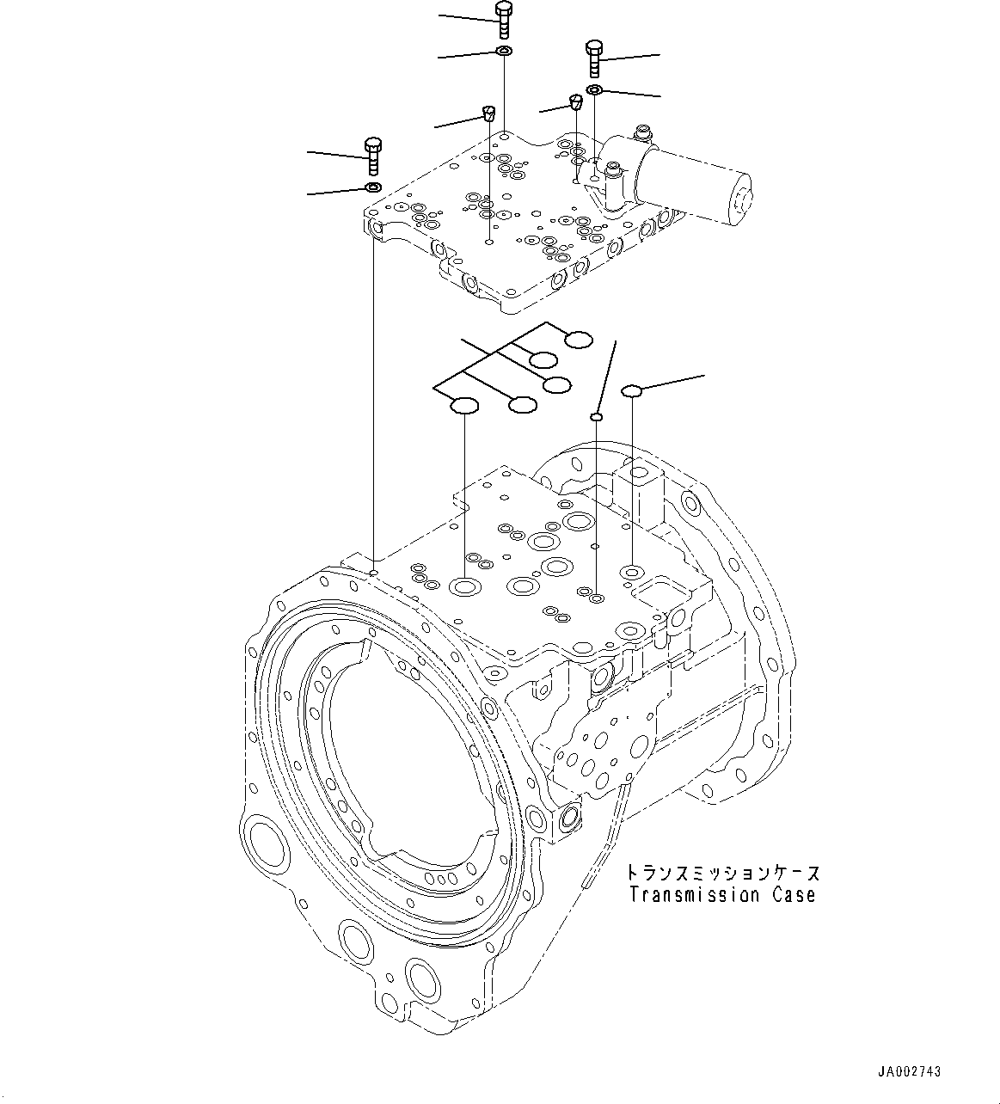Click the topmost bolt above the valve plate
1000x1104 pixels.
click(x=504, y=20)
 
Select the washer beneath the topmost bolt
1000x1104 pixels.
click(x=504, y=53)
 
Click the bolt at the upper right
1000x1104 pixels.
click(x=593, y=57)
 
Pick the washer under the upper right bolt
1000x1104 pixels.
click(x=594, y=89)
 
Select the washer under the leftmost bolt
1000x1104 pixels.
click(x=373, y=187)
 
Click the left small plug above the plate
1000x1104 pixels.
click(x=488, y=113)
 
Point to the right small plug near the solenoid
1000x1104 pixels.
click(x=576, y=104)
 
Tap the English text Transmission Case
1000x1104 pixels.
click(x=721, y=895)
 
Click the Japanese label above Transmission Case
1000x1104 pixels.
click(x=723, y=873)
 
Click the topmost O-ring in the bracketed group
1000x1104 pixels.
click(x=579, y=340)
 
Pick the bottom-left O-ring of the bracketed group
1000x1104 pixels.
click(x=464, y=405)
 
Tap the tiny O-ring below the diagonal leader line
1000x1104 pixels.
click(x=595, y=416)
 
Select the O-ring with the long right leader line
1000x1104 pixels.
click(x=632, y=391)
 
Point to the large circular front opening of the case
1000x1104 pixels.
click(x=404, y=757)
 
